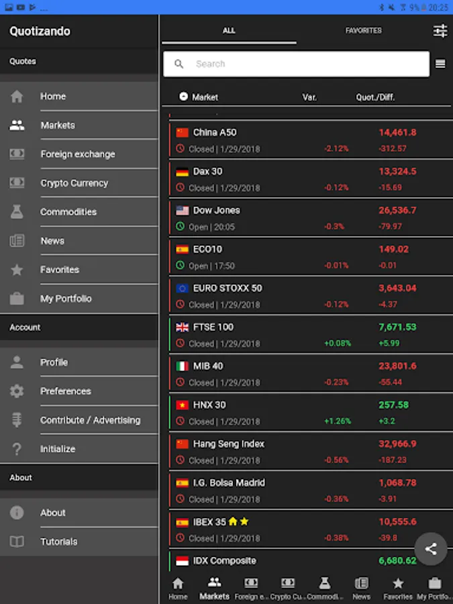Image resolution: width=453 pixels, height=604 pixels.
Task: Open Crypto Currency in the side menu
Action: [x=74, y=183]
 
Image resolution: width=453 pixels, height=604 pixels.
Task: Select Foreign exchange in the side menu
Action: [x=77, y=154]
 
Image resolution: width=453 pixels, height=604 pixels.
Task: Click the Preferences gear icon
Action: [x=17, y=391]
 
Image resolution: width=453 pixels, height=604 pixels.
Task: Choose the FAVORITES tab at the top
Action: [x=363, y=31]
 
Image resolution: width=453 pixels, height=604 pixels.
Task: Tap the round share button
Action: [x=431, y=549]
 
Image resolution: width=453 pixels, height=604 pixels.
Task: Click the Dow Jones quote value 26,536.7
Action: [x=397, y=211]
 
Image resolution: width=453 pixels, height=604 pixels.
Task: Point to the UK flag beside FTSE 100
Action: [x=182, y=328]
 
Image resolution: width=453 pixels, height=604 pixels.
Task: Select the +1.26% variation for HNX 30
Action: [x=336, y=421]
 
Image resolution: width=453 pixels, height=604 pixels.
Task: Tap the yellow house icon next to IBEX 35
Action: [x=233, y=521]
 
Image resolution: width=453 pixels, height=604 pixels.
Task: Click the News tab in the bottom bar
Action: [x=361, y=588]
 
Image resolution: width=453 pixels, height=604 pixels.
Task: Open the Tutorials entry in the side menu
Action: [x=58, y=542]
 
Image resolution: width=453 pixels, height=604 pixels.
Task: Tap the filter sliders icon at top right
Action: [x=440, y=31]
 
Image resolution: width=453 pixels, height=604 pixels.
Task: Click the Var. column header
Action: [x=309, y=97]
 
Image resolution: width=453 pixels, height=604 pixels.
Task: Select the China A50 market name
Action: [x=215, y=133]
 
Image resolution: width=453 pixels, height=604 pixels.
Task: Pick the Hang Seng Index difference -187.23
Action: [x=393, y=460]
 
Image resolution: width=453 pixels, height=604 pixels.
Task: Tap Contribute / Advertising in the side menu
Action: [x=90, y=420]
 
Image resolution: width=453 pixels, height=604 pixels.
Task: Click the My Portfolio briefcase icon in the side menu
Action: [x=17, y=299]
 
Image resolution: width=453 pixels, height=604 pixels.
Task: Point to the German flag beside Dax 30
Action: [x=182, y=172]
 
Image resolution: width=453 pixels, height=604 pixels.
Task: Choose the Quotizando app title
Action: [x=40, y=32]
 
